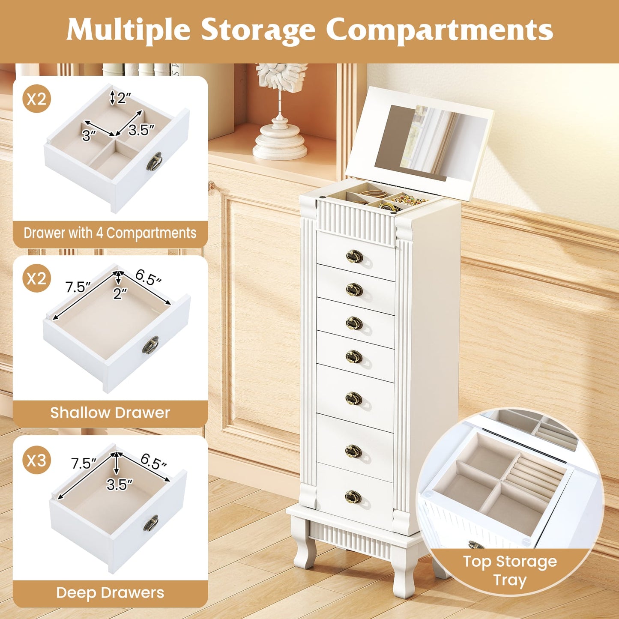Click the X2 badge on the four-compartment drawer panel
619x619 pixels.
click(x=36, y=99)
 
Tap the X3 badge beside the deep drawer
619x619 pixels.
click(x=36, y=461)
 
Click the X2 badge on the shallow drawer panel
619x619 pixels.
click(x=36, y=279)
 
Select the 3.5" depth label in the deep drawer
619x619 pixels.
click(x=120, y=484)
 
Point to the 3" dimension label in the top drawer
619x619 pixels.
click(x=89, y=136)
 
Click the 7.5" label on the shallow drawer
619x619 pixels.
click(x=78, y=287)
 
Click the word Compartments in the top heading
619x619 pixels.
click(x=439, y=30)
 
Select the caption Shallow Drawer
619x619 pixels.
click(x=110, y=413)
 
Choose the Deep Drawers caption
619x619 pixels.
click(x=110, y=592)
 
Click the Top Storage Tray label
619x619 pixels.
click(x=510, y=571)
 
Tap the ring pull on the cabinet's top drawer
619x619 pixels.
click(x=354, y=257)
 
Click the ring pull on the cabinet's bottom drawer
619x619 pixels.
click(x=353, y=497)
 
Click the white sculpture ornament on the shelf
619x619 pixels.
click(x=281, y=111)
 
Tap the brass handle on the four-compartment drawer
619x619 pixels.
click(x=155, y=161)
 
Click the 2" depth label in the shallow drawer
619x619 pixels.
click(x=120, y=293)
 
